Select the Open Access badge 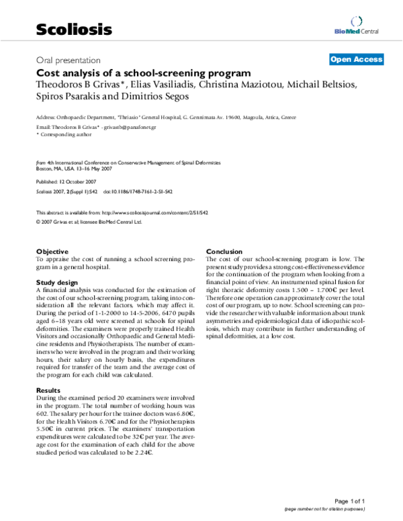point(356,59)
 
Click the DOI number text point(138,191)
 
